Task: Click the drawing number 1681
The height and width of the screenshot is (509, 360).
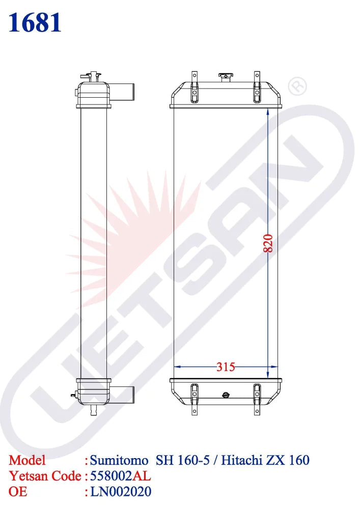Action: [x=35, y=23]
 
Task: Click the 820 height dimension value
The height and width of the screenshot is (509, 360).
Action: [x=268, y=243]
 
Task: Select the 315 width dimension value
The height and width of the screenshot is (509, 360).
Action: [x=226, y=367]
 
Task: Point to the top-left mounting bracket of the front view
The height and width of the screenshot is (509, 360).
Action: [x=194, y=87]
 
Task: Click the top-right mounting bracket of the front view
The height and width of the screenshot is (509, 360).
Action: [x=257, y=87]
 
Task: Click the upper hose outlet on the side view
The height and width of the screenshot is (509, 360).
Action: [x=122, y=92]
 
